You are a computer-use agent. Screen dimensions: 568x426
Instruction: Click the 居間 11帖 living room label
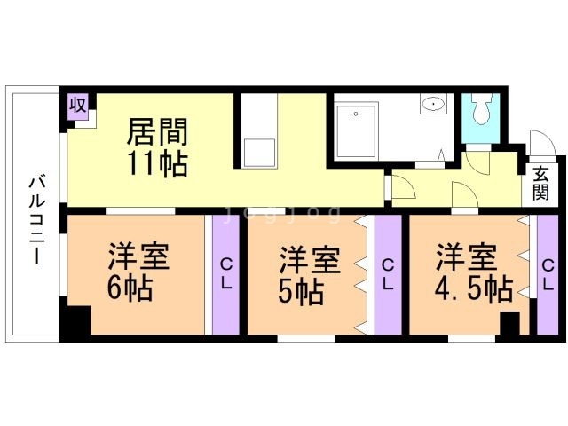pos(158,147)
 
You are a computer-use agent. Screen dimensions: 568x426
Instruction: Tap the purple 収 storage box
pos(78,106)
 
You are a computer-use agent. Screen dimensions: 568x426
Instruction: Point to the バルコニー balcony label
pos(36,220)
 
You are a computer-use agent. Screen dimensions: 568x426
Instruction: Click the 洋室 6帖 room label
pos(138,272)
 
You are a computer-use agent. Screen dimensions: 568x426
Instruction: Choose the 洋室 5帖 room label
pos(310,275)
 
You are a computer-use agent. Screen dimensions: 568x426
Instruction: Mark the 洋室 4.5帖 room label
pos(473,272)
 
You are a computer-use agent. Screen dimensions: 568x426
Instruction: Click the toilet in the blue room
pos(481,109)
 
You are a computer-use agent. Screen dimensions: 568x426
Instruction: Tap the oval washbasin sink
pos(433,105)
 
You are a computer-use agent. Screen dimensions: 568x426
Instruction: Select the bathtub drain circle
pos(356,114)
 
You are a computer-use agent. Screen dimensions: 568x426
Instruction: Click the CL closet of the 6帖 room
pos(226,274)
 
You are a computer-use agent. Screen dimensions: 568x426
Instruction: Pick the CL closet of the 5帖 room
pos(388,274)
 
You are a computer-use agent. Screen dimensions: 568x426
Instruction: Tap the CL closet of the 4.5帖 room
pos(548,274)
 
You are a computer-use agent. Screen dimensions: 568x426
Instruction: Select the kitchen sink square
pos(259,153)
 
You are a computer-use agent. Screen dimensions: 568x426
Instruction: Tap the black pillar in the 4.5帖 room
pos(509,323)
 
